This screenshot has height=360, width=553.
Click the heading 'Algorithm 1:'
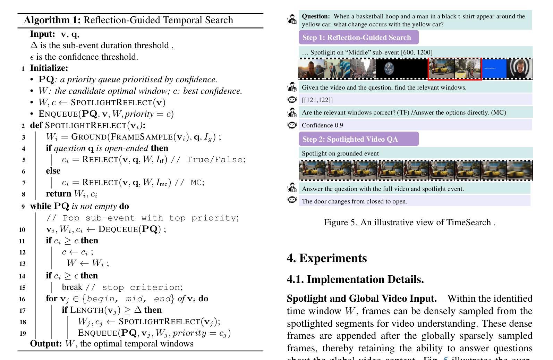pyautogui.click(x=52, y=20)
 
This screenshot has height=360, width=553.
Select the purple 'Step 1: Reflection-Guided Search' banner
pyautogui.click(x=358, y=37)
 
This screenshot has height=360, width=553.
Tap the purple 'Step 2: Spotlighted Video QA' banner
pyautogui.click(x=358, y=139)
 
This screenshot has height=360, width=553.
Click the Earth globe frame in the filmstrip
pyautogui.click(x=389, y=69)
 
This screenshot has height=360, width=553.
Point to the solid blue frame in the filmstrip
pyautogui.click(x=494, y=69)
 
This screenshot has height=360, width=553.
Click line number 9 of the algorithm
pyautogui.click(x=23, y=207)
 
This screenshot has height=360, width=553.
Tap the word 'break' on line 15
pyautogui.click(x=72, y=287)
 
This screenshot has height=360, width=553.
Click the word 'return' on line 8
pyautogui.click(x=59, y=194)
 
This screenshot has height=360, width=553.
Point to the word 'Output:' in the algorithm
pyautogui.click(x=46, y=344)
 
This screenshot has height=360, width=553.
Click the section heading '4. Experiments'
pyautogui.click(x=326, y=258)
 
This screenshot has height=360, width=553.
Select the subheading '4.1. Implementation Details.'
pyautogui.click(x=355, y=279)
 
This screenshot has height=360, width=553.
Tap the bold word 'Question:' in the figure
pyautogui.click(x=316, y=16)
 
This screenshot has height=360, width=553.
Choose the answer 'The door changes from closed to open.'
pyautogui.click(x=355, y=201)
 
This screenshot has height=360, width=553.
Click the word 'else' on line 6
pyautogui.click(x=53, y=171)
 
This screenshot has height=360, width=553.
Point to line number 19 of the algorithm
pyautogui.click(x=23, y=334)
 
